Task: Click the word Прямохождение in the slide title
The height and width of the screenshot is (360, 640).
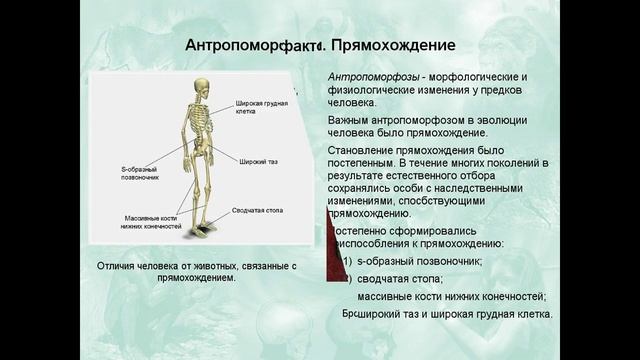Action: (393, 46)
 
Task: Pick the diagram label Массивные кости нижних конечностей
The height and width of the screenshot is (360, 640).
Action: (153, 222)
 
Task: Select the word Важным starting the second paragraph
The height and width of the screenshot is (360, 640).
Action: (350, 120)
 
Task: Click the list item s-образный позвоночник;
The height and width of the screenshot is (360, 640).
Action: (419, 261)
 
